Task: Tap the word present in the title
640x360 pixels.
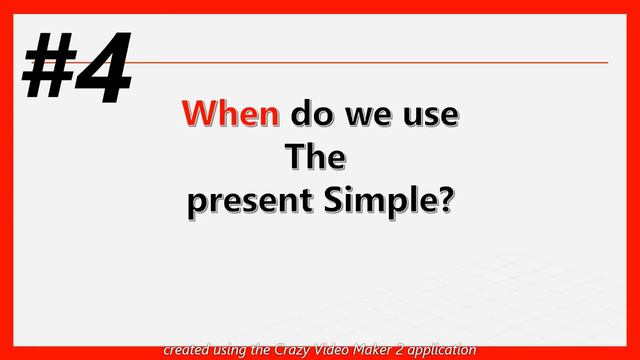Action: tap(249, 201)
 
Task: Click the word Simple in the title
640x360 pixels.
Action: tap(380, 201)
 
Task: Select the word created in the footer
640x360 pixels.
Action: tap(187, 350)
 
